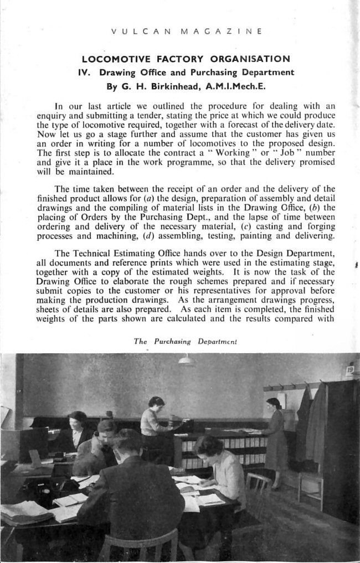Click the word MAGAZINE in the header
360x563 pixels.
pos(221,32)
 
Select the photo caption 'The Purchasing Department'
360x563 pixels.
pos(185,342)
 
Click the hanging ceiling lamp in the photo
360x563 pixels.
pos(187,361)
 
